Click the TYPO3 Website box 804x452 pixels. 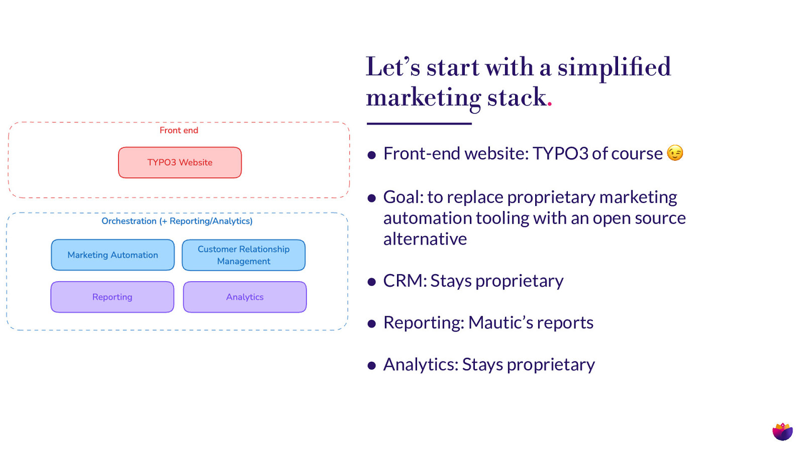tap(180, 162)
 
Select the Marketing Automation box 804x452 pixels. tap(113, 255)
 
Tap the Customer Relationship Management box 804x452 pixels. tap(244, 255)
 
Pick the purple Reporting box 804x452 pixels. tap(112, 297)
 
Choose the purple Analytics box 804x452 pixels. tap(245, 297)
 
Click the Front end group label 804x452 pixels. tap(179, 131)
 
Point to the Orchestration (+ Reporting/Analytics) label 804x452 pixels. tap(177, 221)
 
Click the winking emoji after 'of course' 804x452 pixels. tap(675, 153)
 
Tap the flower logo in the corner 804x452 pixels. tap(782, 431)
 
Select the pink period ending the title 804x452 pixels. tap(550, 104)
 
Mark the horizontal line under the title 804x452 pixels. tap(419, 124)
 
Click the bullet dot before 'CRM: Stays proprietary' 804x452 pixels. tap(372, 282)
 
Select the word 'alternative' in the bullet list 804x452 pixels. tap(425, 239)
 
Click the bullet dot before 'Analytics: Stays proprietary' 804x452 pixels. tap(372, 366)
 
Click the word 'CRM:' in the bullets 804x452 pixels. tap(405, 281)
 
